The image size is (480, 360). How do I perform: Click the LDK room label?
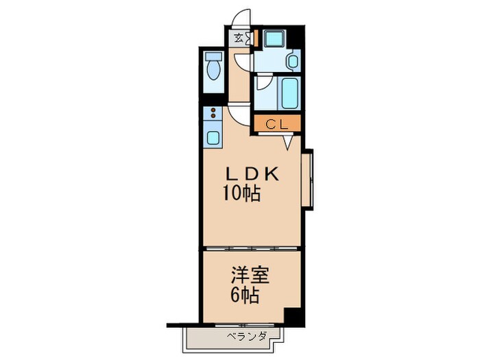pyautogui.click(x=249, y=174)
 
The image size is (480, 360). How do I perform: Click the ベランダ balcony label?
pyautogui.click(x=245, y=336)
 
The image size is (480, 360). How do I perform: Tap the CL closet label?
pyautogui.click(x=276, y=124)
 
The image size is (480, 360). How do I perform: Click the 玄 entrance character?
pyautogui.click(x=239, y=38)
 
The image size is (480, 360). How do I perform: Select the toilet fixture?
pyautogui.click(x=212, y=71)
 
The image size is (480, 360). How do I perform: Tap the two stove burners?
pyautogui.click(x=213, y=113)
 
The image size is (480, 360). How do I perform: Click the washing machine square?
pyautogui.click(x=275, y=38)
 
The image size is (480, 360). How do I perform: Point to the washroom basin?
pyautogui.click(x=293, y=62)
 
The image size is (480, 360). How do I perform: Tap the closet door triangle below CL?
pyautogui.click(x=289, y=142)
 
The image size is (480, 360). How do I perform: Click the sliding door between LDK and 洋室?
pyautogui.click(x=251, y=246)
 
